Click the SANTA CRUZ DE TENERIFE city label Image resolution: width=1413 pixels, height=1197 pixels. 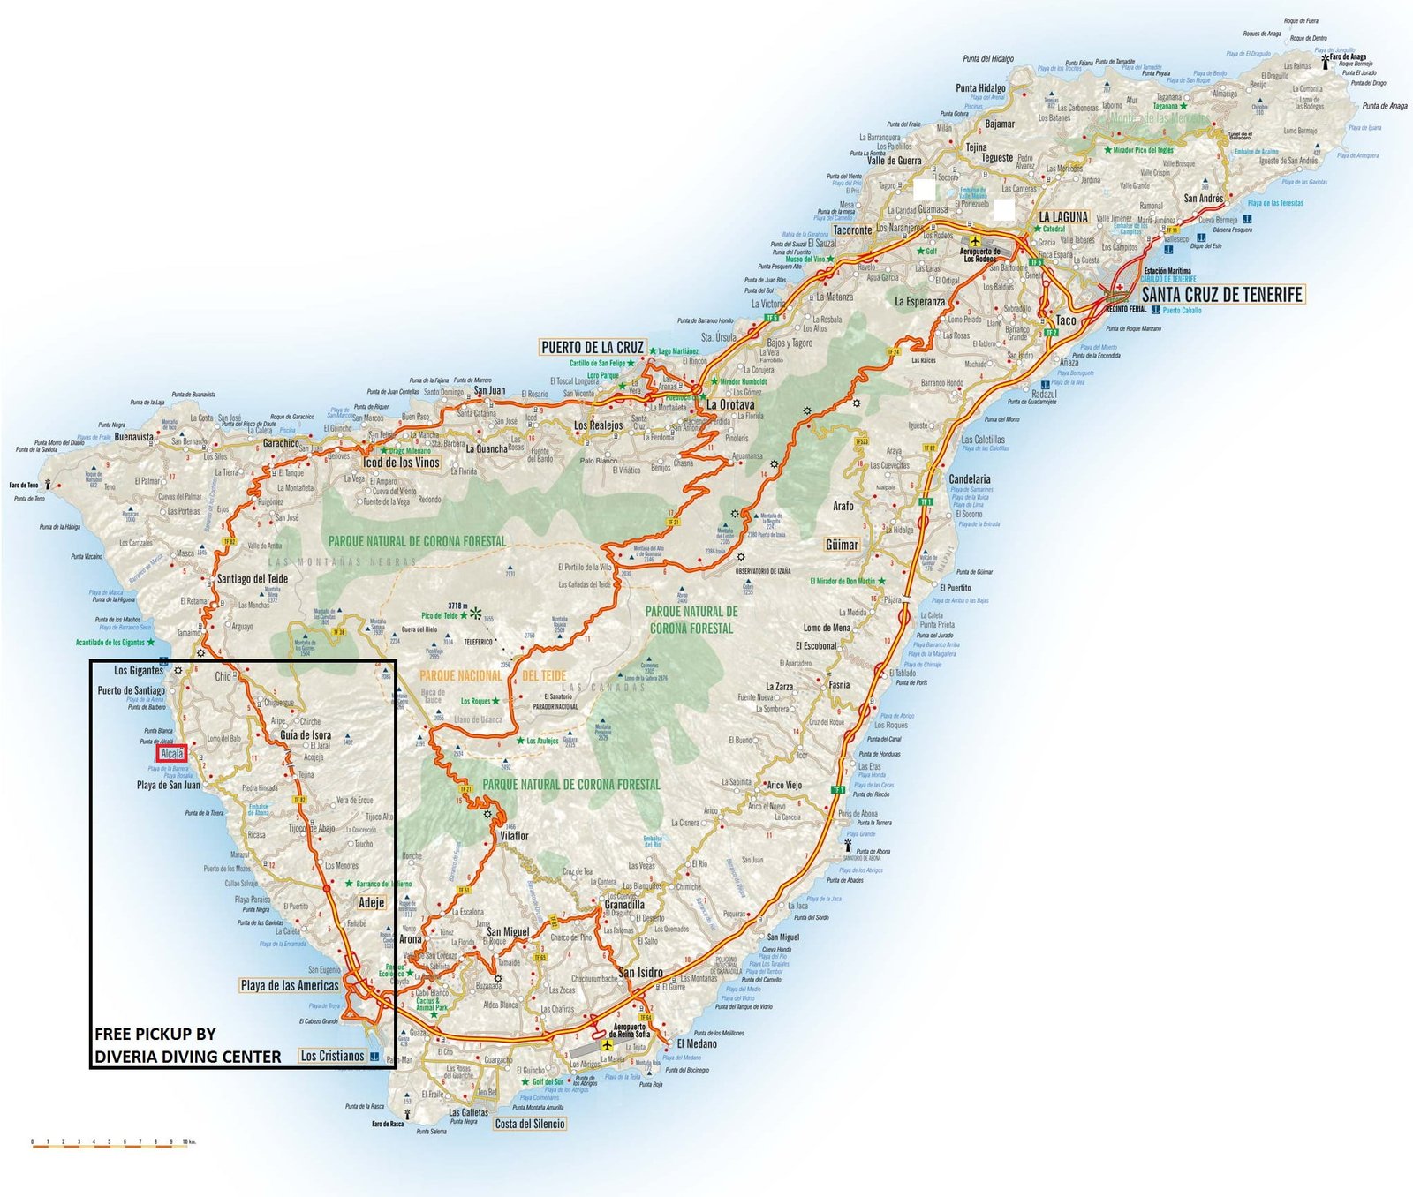tap(1222, 295)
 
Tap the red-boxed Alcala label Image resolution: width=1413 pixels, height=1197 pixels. tap(171, 754)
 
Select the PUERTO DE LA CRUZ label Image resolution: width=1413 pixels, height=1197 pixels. tap(593, 347)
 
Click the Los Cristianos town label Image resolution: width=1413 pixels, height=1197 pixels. tap(332, 1056)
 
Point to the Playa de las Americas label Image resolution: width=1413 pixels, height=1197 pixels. tap(290, 985)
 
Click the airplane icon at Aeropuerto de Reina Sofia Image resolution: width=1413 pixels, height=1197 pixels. tap(607, 1045)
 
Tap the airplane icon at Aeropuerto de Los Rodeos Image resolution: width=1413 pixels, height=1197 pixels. tap(975, 240)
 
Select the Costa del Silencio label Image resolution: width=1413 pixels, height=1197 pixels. tap(530, 1124)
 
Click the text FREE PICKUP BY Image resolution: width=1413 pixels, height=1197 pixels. tap(155, 1034)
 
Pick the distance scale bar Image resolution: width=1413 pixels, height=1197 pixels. tap(111, 1142)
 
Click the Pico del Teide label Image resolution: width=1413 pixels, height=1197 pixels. tap(439, 615)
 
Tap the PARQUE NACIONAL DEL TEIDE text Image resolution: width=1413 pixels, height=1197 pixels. tap(492, 675)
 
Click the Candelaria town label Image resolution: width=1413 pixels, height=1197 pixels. tap(969, 479)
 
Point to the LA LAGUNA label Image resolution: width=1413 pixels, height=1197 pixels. tap(1063, 217)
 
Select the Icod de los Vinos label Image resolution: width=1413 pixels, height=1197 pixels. tap(401, 463)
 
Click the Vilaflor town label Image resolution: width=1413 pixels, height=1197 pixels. tap(514, 836)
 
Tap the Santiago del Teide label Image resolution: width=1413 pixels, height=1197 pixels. tap(253, 579)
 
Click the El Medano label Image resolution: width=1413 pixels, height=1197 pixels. tap(697, 1043)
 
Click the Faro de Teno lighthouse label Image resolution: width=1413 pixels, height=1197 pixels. tap(24, 486)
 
